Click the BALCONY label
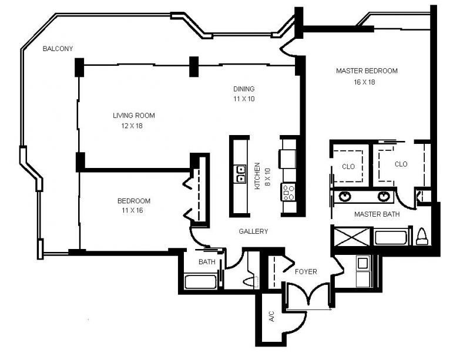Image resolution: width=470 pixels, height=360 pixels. pyautogui.click(x=58, y=49)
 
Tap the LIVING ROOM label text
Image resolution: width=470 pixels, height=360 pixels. pyautogui.click(x=134, y=116)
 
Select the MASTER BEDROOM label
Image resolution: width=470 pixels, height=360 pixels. pyautogui.click(x=367, y=71)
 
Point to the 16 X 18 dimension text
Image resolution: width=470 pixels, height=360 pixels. pyautogui.click(x=364, y=82)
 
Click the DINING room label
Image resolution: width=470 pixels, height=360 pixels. pyautogui.click(x=244, y=89)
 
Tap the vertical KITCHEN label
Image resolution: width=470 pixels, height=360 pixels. pyautogui.click(x=257, y=176)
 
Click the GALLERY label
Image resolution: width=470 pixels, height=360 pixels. pyautogui.click(x=253, y=231)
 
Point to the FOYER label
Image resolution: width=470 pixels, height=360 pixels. pyautogui.click(x=305, y=272)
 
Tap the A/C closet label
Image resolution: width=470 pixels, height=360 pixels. pyautogui.click(x=271, y=317)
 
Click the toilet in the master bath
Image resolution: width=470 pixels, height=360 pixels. pyautogui.click(x=422, y=236)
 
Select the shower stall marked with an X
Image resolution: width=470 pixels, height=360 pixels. pyautogui.click(x=349, y=238)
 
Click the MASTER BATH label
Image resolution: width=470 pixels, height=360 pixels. pyautogui.click(x=377, y=214)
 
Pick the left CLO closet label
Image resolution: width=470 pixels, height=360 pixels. pyautogui.click(x=348, y=166)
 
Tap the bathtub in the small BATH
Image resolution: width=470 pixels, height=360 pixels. pyautogui.click(x=201, y=281)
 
